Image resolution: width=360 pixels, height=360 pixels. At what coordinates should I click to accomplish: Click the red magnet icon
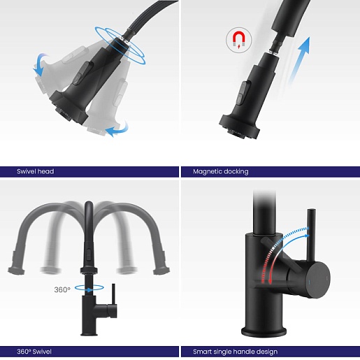point(239,40)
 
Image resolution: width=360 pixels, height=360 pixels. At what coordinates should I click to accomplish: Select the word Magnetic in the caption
point(207,172)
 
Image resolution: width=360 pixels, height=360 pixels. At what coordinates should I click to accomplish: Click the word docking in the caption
point(236,172)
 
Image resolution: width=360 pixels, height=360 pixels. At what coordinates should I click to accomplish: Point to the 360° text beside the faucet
point(62,289)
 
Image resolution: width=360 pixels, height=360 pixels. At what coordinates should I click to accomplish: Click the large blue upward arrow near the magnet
point(299,61)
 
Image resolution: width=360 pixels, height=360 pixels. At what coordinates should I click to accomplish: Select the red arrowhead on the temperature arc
point(271,281)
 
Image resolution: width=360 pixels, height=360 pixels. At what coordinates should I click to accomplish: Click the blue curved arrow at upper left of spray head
point(41,64)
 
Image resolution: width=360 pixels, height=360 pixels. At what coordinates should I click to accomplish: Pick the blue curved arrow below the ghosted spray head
point(117,129)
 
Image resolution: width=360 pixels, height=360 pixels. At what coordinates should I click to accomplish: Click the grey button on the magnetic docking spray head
point(243,93)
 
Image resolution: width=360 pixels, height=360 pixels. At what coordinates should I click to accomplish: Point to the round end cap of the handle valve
point(317,280)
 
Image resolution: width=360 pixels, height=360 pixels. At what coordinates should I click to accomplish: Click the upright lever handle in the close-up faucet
point(311,236)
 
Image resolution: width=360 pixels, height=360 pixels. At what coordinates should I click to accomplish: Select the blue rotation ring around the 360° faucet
point(89,288)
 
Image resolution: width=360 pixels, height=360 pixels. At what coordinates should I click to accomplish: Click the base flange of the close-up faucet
point(264,331)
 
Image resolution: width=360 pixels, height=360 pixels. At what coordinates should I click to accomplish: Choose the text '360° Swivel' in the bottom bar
point(34,352)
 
